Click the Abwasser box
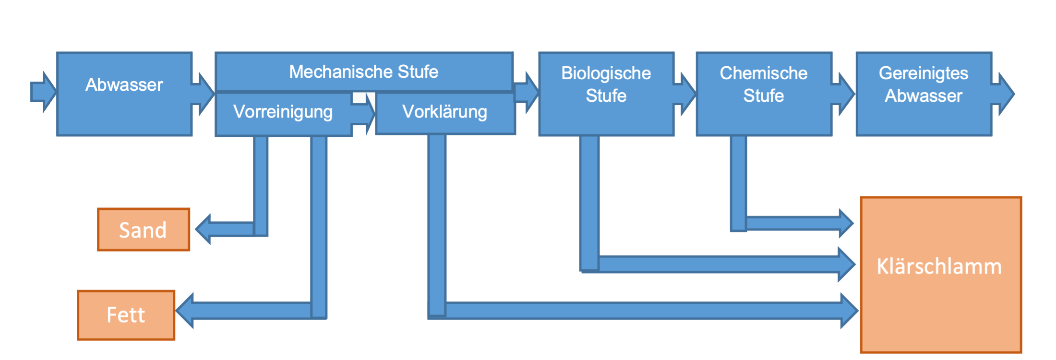124,94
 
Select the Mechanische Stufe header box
364,72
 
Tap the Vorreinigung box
283,113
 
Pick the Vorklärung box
444,112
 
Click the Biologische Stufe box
606,94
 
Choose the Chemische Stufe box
763,94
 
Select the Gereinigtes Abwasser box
924,94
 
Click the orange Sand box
143,230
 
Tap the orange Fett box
126,315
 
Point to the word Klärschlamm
939,267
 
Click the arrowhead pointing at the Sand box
204,229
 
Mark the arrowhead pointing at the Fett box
185,311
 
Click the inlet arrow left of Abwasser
43,92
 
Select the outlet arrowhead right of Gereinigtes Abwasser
1006,94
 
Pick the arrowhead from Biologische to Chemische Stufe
687,94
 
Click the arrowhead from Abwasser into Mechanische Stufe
206,94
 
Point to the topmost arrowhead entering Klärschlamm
846,223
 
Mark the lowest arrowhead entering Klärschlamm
849,311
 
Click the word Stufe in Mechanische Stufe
418,72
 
